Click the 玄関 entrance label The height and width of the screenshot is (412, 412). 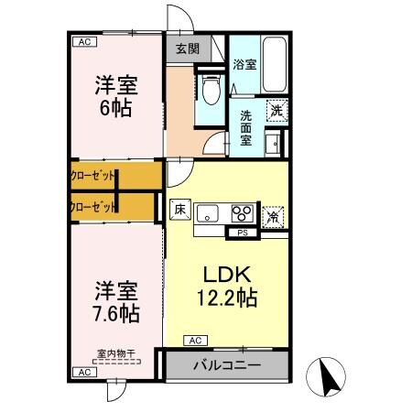coord(187,49)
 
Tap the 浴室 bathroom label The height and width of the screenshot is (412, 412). coord(244,65)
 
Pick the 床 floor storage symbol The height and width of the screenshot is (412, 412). coord(179,209)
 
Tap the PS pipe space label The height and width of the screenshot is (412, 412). coord(242,233)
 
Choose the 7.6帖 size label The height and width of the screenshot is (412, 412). coord(116,313)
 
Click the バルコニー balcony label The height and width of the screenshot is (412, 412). coord(225,364)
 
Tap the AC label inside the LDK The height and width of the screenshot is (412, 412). coord(193,341)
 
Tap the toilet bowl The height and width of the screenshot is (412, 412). coord(210,90)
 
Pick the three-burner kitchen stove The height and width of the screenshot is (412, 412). coord(243,214)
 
